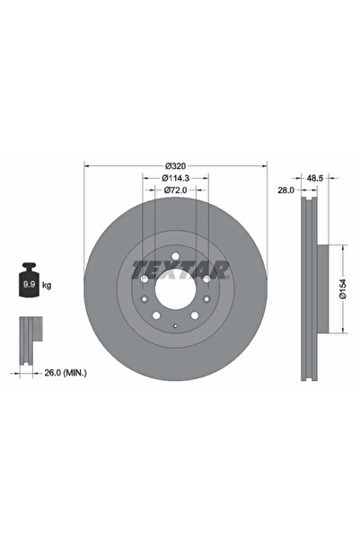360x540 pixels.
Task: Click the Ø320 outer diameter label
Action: click(x=176, y=165)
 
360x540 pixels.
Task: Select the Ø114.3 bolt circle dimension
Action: click(x=176, y=178)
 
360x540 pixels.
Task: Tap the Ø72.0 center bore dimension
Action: click(x=176, y=191)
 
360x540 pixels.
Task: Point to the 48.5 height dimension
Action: click(x=316, y=178)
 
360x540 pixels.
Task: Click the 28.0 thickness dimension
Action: click(x=286, y=191)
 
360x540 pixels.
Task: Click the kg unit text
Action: click(x=47, y=285)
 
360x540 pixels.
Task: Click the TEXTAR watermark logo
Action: click(x=180, y=268)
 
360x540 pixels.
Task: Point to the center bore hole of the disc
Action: click(x=176, y=291)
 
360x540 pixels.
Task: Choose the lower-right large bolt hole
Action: click(x=206, y=301)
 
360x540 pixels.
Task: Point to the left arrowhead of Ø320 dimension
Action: click(x=86, y=165)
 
